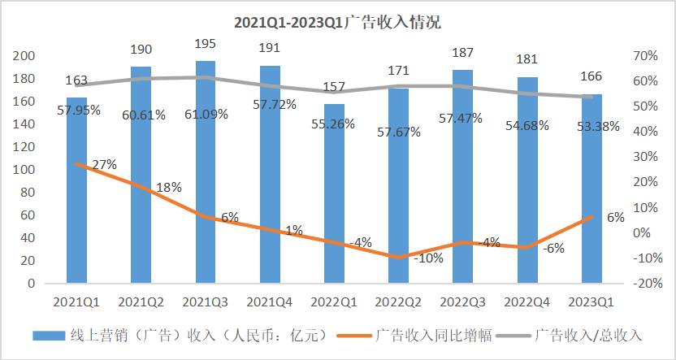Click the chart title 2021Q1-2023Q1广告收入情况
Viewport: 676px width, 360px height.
(337, 22)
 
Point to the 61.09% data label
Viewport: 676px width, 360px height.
(206, 115)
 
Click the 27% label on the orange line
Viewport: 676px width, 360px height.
(105, 164)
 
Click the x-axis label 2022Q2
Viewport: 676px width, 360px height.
(399, 301)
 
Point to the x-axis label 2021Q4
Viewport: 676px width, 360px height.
(270, 301)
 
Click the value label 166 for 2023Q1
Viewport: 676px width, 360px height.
(593, 77)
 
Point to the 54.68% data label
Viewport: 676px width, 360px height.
(527, 126)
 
